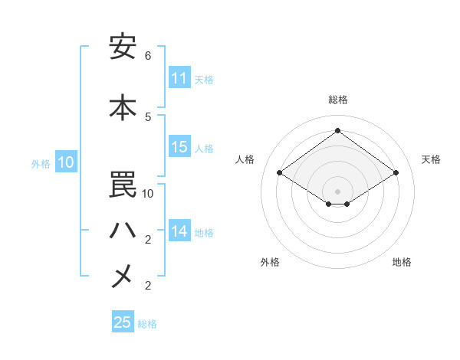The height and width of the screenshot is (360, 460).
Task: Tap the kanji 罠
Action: tap(123, 185)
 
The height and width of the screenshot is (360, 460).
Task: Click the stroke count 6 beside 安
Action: tap(148, 56)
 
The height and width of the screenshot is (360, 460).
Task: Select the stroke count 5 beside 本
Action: tap(148, 116)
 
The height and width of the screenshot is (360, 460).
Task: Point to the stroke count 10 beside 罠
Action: tap(148, 194)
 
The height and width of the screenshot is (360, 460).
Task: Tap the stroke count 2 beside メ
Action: tap(148, 286)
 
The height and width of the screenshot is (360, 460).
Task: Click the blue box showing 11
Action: tap(179, 78)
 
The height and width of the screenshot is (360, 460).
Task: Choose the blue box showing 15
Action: tap(179, 148)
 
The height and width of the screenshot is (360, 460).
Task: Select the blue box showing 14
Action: tap(179, 231)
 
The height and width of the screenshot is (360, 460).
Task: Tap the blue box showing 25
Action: tap(123, 322)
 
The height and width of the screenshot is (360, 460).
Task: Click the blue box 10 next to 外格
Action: tap(66, 162)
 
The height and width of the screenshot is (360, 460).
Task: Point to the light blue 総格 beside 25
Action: tap(147, 324)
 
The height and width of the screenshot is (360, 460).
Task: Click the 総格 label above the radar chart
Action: tap(337, 100)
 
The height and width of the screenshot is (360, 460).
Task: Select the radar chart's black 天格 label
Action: tap(432, 159)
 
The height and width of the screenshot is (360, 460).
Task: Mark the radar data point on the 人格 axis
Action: tap(279, 173)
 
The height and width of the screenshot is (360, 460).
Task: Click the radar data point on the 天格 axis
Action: tap(396, 173)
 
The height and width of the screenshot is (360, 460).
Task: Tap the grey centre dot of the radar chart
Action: tap(337, 190)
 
